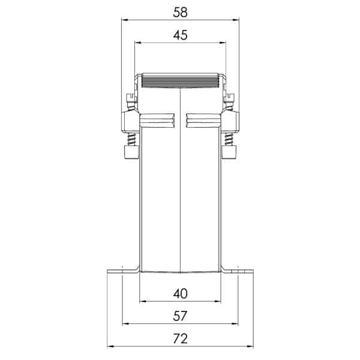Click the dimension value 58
(x=180, y=11)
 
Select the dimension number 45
(x=180, y=35)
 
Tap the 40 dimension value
(x=180, y=293)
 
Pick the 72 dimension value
(x=180, y=338)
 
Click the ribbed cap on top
(x=180, y=81)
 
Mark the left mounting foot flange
(x=122, y=272)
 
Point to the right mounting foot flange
(x=238, y=272)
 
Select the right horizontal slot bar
(x=203, y=120)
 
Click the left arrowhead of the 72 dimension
(x=109, y=346)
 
